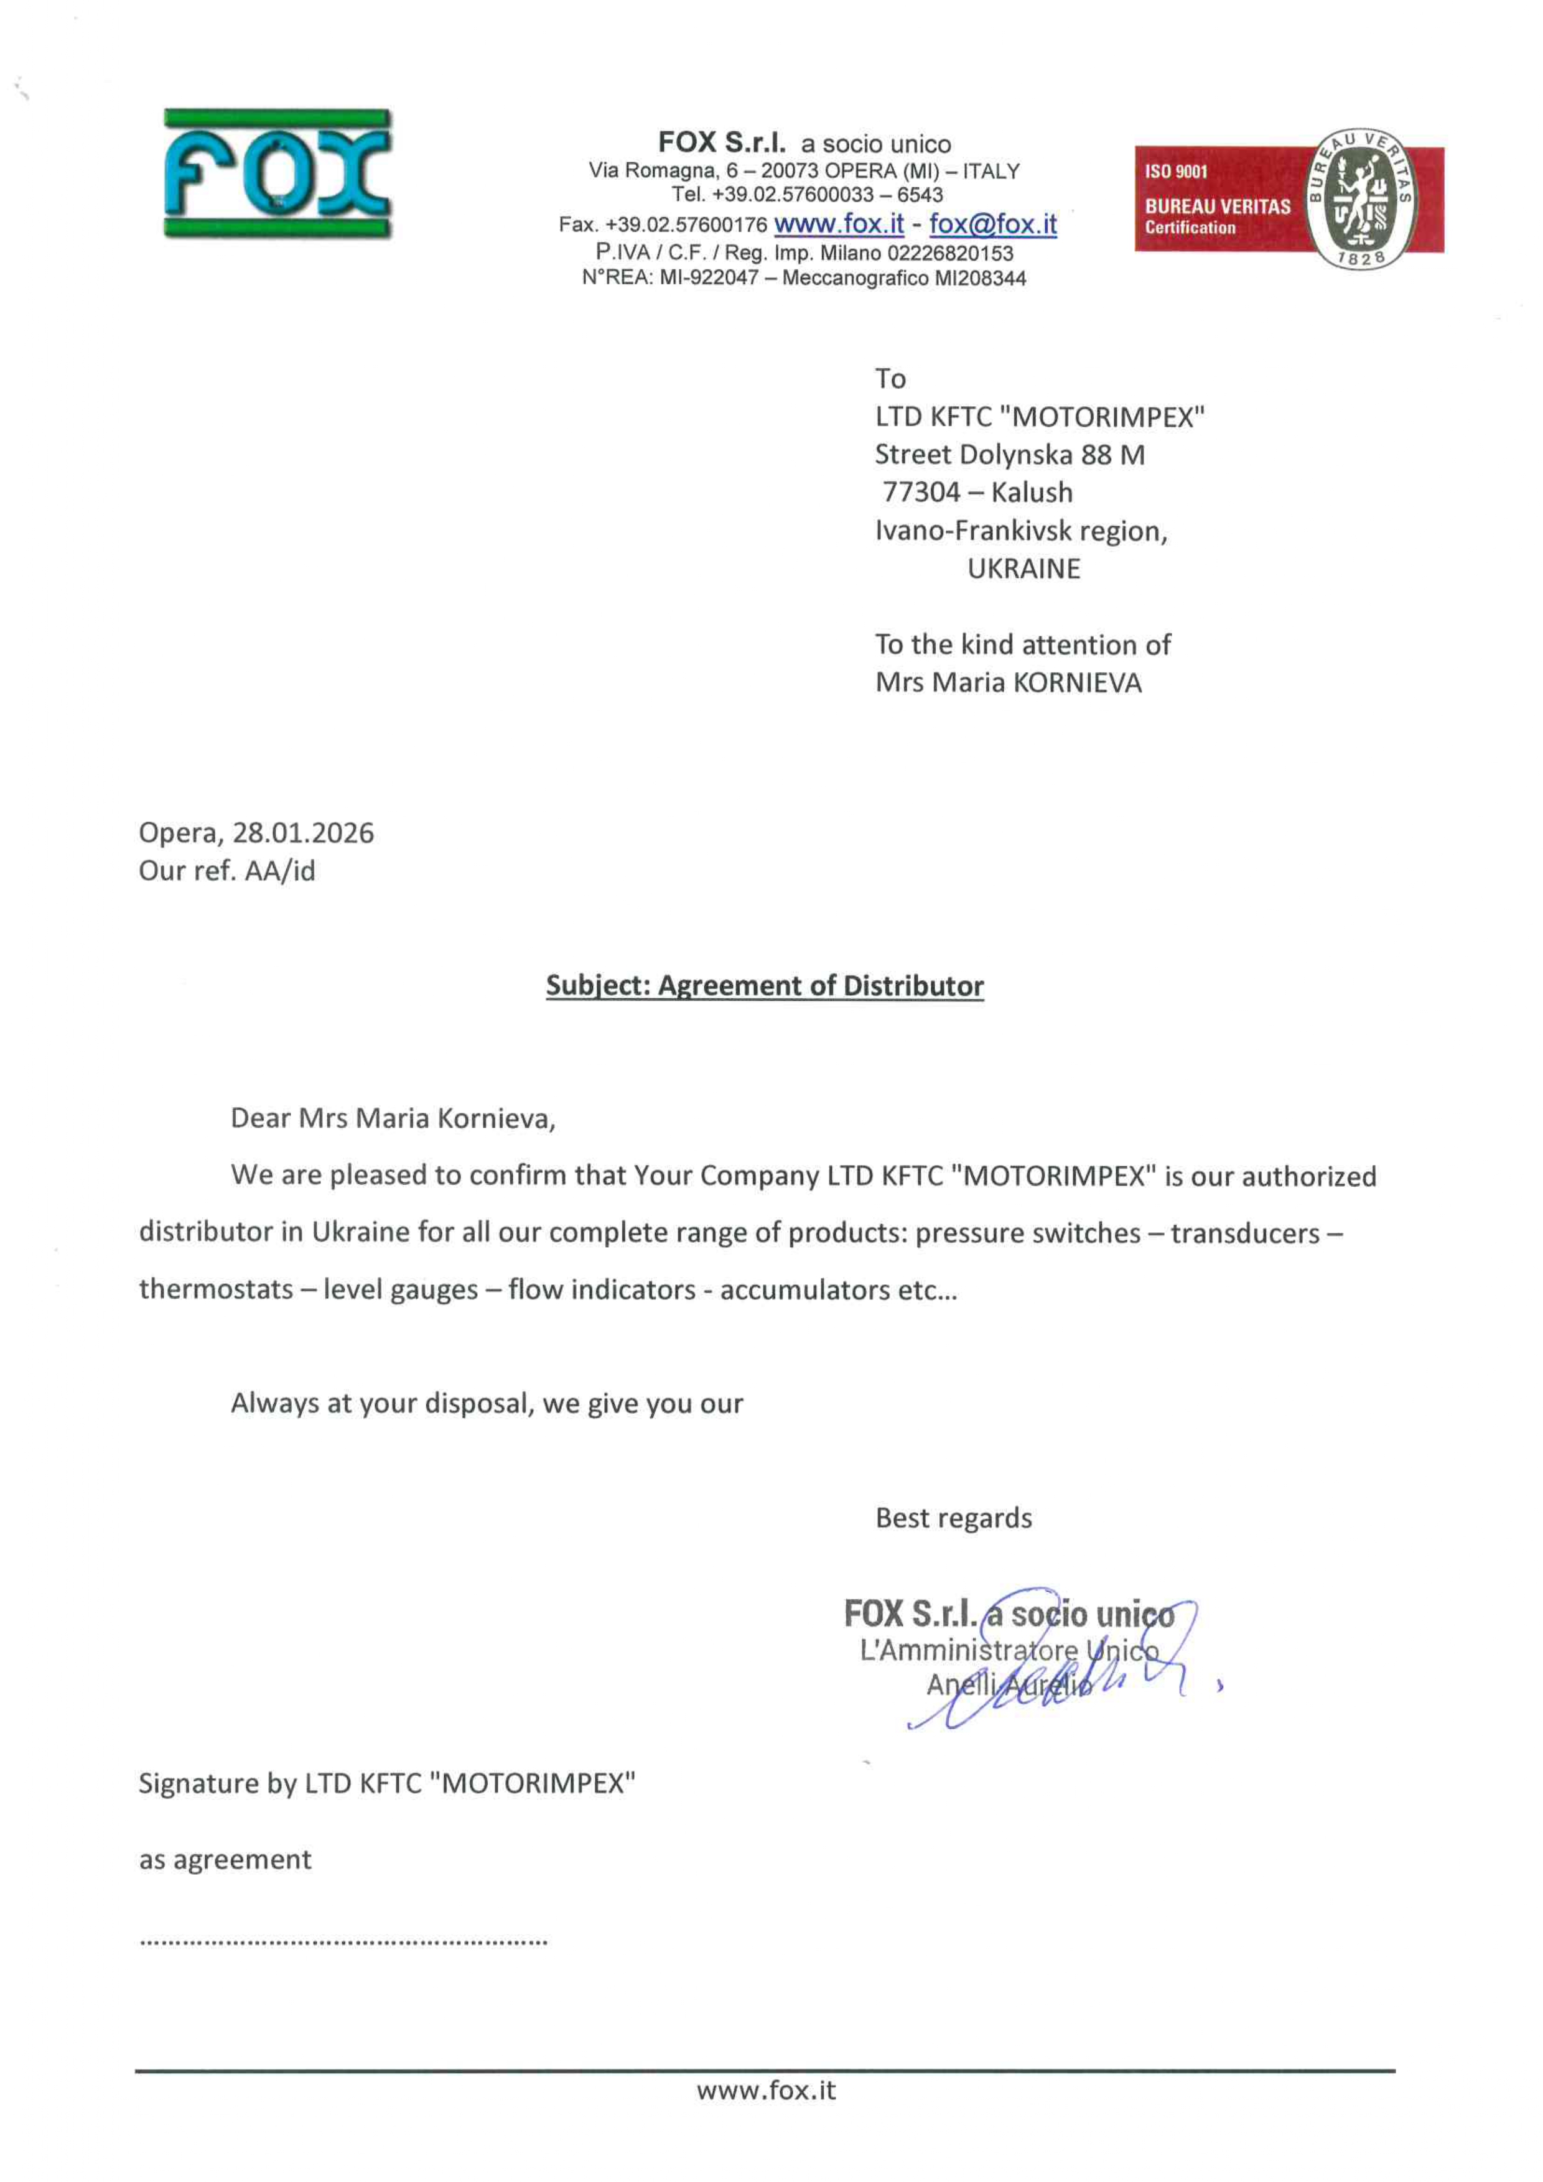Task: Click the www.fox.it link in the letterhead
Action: [839, 225]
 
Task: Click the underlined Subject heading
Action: [765, 985]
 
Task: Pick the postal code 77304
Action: [921, 492]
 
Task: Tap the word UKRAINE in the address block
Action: [1024, 569]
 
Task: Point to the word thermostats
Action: [216, 1289]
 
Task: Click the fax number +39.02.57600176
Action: [686, 225]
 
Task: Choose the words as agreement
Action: [225, 1860]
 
